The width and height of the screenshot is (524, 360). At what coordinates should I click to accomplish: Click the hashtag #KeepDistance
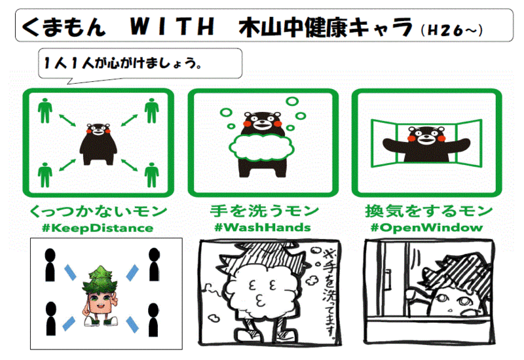coord(98,228)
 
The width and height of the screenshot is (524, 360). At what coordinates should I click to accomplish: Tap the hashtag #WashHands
coord(263,227)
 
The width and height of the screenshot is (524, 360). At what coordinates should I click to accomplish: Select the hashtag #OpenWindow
coord(427,227)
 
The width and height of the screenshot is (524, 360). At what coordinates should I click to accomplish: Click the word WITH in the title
coord(172,26)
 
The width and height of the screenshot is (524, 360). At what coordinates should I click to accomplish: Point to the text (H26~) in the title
coord(452,30)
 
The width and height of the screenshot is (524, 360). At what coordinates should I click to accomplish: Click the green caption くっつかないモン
coord(98,211)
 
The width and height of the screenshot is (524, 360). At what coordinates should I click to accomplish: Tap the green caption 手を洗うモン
coord(264,211)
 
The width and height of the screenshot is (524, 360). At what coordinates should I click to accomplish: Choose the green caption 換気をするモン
coord(429,211)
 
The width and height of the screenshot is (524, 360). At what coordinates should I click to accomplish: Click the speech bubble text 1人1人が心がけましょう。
coord(122,63)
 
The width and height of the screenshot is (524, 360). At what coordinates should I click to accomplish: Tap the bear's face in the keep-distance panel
coord(98,130)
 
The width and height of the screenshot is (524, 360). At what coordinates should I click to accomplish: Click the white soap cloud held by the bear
coord(261,147)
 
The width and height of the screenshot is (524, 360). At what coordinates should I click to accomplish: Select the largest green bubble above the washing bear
coord(292,101)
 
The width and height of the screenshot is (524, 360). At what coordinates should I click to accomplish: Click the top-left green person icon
coord(45,111)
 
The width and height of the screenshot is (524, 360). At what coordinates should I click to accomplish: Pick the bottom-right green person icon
coord(151,175)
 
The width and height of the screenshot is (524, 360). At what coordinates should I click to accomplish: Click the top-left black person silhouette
coord(50,265)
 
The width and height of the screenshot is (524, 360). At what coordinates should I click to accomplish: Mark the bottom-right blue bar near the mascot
coord(132,325)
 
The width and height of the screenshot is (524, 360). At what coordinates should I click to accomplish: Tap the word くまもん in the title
coord(64,27)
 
